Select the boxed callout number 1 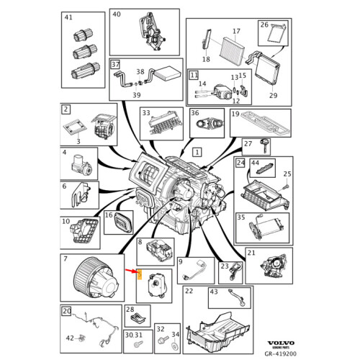[198, 153]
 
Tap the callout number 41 [68, 17]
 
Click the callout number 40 [117, 14]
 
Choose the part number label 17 [235, 32]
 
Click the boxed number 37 [114, 65]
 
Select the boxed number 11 [193, 75]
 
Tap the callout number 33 [146, 113]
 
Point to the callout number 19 [235, 114]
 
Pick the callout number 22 [189, 291]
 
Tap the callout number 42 [70, 337]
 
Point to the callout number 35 [242, 217]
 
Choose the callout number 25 [286, 174]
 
